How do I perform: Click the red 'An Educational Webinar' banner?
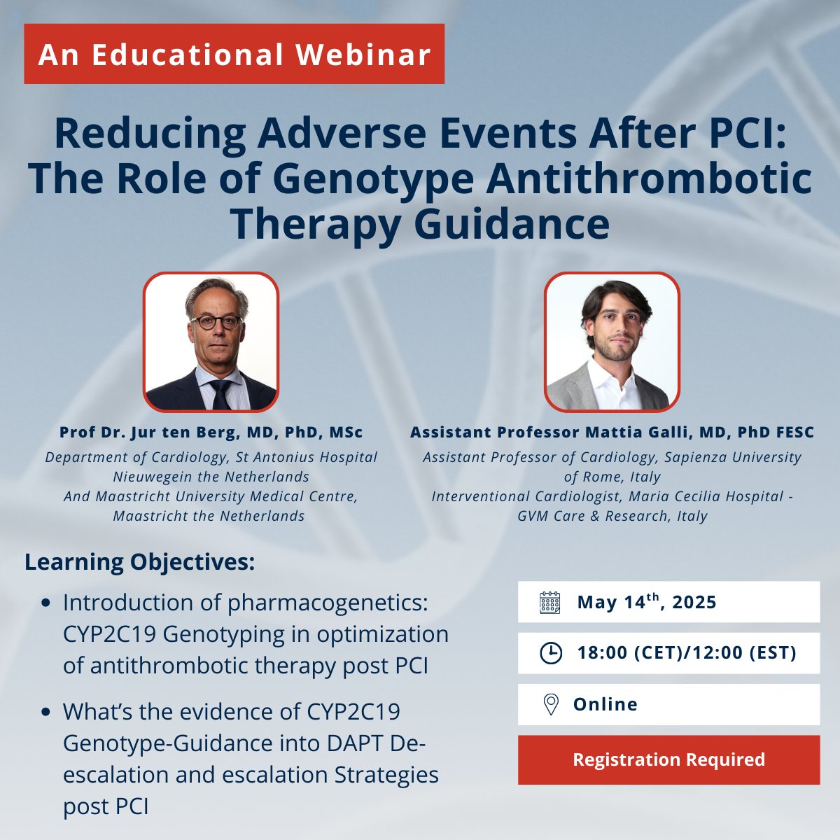(x=234, y=54)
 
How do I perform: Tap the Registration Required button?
(x=668, y=759)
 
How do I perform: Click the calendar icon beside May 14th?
(x=550, y=602)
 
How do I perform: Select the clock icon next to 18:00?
(x=551, y=653)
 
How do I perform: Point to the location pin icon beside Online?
(x=551, y=704)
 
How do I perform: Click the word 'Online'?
(x=605, y=704)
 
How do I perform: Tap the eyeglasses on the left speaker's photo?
(x=216, y=323)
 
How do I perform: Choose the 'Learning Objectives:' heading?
(x=140, y=561)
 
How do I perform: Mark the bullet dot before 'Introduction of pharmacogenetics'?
(x=46, y=603)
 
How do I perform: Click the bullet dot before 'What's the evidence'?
(x=46, y=712)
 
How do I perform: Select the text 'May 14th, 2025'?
(x=647, y=602)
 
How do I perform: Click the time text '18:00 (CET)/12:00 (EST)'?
(x=687, y=653)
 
